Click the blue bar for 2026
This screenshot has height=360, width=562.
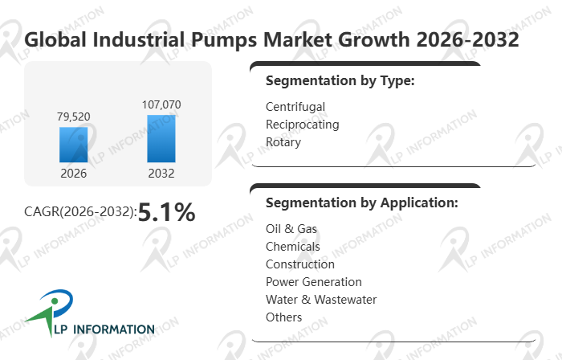(73, 145)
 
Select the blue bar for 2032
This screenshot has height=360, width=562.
(161, 138)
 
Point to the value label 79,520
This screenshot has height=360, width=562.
(73, 117)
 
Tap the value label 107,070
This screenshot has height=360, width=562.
(161, 104)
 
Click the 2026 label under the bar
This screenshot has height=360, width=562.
(73, 173)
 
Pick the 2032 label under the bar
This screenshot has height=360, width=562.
(161, 173)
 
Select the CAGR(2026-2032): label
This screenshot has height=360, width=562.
(80, 213)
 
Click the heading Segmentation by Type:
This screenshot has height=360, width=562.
(340, 81)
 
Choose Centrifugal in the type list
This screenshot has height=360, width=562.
(295, 107)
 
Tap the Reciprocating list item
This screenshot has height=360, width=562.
(302, 125)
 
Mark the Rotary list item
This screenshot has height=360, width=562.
(283, 142)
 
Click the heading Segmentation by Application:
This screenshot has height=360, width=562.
(361, 202)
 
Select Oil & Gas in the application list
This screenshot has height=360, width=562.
(291, 229)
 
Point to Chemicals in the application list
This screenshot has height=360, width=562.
(292, 247)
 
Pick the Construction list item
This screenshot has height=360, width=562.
(299, 264)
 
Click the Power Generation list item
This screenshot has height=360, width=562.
(313, 282)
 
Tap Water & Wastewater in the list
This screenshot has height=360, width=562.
(320, 300)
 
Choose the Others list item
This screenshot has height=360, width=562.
(283, 317)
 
